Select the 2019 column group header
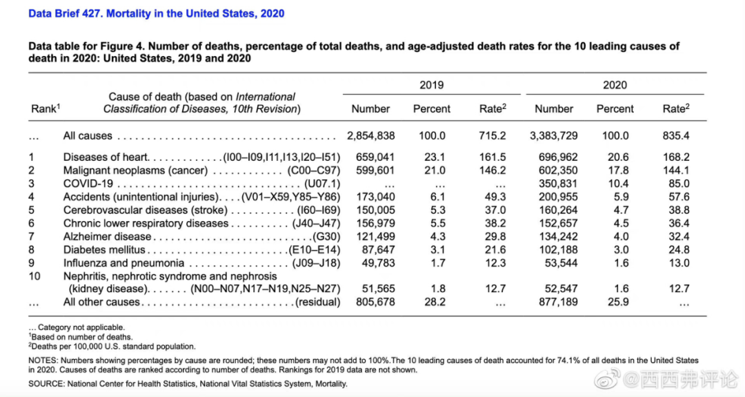432,85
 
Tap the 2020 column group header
615,85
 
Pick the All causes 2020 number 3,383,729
553,136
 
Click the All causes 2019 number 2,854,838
371,136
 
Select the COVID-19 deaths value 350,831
558,184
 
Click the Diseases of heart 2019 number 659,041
375,157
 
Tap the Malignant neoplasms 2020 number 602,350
558,171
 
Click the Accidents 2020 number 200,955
558,197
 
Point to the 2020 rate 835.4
676,136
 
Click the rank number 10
34,276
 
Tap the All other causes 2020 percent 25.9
615,302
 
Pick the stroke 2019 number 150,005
375,210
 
